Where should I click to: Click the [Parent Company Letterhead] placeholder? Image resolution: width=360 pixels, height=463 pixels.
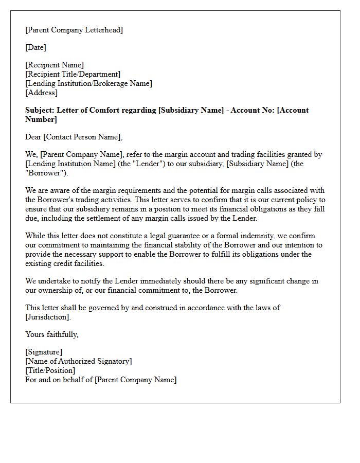pyautogui.click(x=74, y=30)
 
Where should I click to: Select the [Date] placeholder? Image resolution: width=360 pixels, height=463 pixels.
pyautogui.click(x=35, y=47)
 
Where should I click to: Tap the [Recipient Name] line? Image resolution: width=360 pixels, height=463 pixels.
pyautogui.click(x=55, y=65)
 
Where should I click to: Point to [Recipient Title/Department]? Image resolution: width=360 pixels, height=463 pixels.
pyautogui.click(x=73, y=74)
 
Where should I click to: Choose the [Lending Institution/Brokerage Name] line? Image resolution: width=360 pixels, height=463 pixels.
pyautogui.click(x=88, y=83)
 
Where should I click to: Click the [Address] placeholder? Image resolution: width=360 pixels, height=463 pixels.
pyautogui.click(x=41, y=93)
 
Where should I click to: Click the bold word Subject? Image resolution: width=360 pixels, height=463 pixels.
pyautogui.click(x=40, y=110)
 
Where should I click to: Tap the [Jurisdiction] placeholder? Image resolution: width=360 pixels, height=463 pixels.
pyautogui.click(x=47, y=317)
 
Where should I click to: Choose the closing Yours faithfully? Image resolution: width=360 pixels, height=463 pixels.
pyautogui.click(x=52, y=334)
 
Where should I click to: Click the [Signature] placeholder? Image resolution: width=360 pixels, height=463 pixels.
pyautogui.click(x=44, y=352)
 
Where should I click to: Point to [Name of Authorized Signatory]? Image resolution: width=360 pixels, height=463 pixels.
pyautogui.click(x=78, y=361)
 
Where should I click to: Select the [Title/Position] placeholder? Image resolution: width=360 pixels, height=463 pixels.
pyautogui.click(x=50, y=370)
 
